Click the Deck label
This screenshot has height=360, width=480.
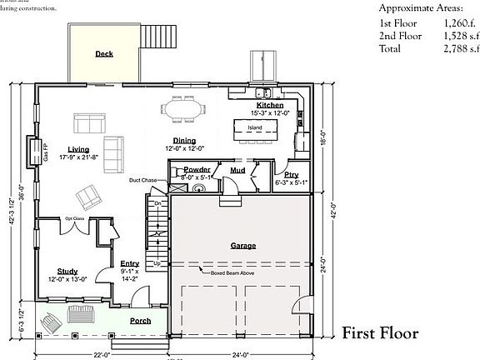coord(104,53)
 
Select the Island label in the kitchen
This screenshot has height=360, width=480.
coord(254,127)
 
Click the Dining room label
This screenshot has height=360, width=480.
coord(184,140)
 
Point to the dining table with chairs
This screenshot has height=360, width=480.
coord(184,107)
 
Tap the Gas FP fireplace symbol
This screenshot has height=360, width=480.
coord(34,151)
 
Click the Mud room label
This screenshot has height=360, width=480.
coord(237,170)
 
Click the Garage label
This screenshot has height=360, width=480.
coord(242,246)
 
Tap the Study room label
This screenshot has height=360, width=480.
coord(67,271)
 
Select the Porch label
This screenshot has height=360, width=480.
coord(140,320)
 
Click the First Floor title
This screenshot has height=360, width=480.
coord(380,334)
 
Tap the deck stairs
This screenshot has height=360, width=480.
coord(156,37)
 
